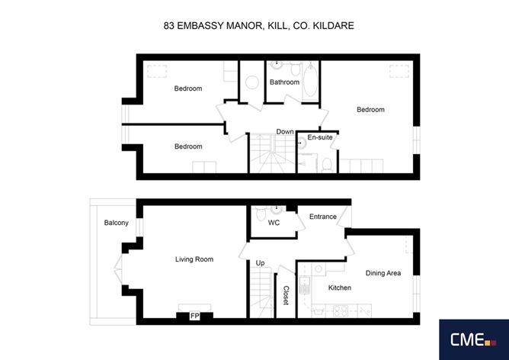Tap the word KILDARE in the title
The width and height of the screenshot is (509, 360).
tap(332, 25)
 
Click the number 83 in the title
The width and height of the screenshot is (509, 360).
tap(169, 25)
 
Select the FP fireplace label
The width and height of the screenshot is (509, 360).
tap(194, 315)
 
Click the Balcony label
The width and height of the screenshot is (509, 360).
tap(117, 223)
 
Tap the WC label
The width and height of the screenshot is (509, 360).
tap(274, 223)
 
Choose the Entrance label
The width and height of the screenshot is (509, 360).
tap(322, 217)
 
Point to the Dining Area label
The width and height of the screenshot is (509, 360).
tap(383, 272)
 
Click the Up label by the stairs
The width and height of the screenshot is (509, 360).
tap(260, 263)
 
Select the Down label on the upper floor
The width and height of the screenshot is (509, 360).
tap(285, 132)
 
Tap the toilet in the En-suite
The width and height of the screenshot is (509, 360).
tap(325, 162)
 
